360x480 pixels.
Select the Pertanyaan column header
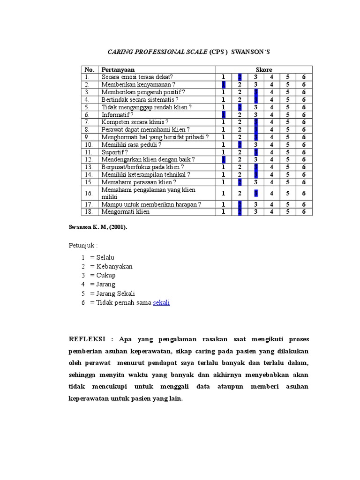(118, 70)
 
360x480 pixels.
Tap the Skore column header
(264, 70)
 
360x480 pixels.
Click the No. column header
(89, 70)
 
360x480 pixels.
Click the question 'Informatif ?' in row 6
(117, 115)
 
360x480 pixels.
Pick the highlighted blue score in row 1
(240, 77)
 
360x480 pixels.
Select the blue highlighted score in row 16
(256, 193)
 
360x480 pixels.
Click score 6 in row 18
(304, 212)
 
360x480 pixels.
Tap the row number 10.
(88, 145)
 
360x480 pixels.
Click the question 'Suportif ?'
(114, 152)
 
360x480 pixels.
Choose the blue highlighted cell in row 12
(224, 160)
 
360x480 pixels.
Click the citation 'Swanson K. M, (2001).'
(97, 227)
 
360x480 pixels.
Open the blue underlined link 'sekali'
(161, 303)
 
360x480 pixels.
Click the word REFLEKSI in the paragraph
(88, 339)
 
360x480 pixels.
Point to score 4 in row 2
(271, 85)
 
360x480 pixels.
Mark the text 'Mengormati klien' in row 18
(125, 212)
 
